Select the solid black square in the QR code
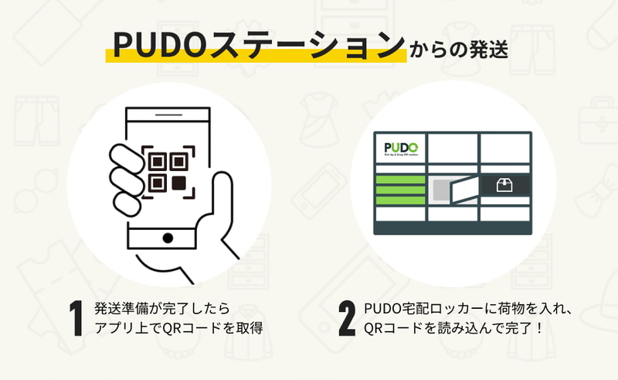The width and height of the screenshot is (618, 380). (179, 183)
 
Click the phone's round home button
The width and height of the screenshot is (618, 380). (168, 238)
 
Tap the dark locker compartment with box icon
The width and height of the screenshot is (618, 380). (504, 185)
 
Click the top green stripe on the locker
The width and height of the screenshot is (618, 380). (399, 180)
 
